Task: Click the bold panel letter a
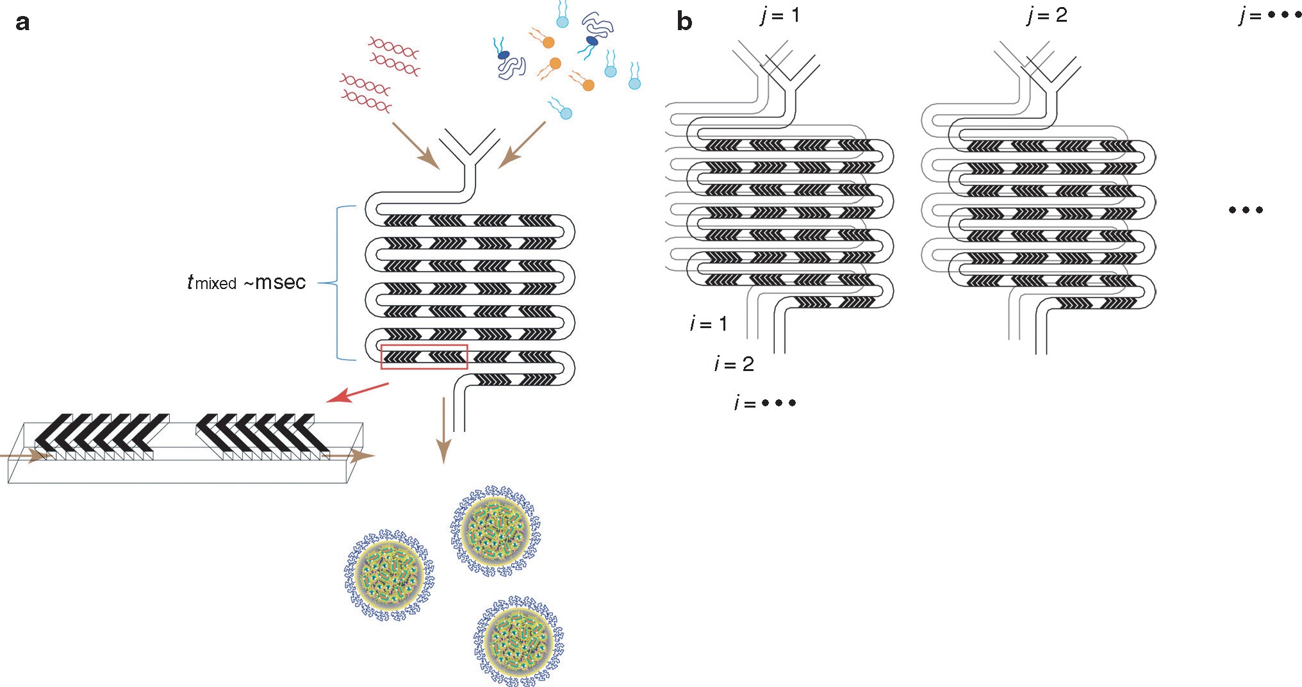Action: (x=22, y=22)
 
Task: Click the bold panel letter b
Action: (x=684, y=22)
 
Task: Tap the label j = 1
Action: (x=780, y=15)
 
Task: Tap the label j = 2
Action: (x=1047, y=15)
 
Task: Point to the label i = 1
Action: (x=709, y=324)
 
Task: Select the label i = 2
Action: (x=734, y=364)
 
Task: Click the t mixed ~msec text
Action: (x=247, y=282)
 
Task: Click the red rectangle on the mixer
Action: (x=424, y=357)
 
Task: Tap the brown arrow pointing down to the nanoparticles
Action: (x=443, y=429)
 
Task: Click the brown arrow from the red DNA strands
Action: (x=415, y=145)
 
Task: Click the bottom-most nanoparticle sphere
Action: (x=519, y=640)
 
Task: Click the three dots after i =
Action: (x=779, y=403)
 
